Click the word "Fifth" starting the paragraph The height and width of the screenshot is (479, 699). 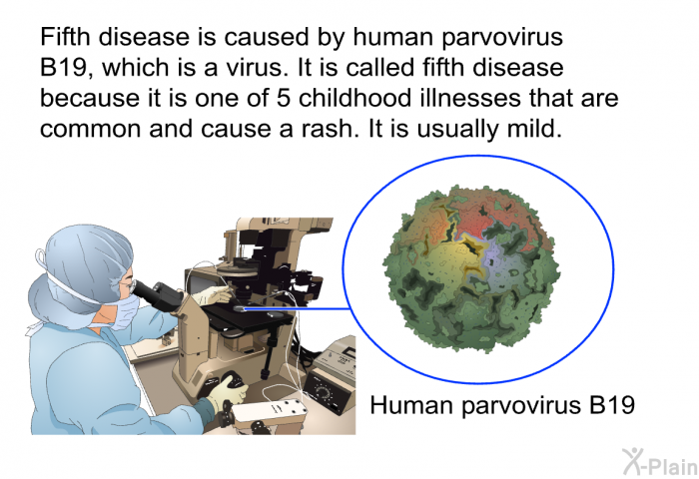(x=65, y=37)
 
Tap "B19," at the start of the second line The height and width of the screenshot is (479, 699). (x=67, y=69)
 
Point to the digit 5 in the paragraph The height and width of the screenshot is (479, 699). (x=283, y=99)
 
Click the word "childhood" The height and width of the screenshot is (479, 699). (x=354, y=98)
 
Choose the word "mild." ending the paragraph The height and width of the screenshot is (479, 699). (x=533, y=129)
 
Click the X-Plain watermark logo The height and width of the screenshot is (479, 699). (x=659, y=461)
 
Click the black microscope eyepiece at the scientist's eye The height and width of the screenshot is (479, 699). (x=152, y=292)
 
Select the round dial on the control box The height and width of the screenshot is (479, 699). (x=321, y=391)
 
